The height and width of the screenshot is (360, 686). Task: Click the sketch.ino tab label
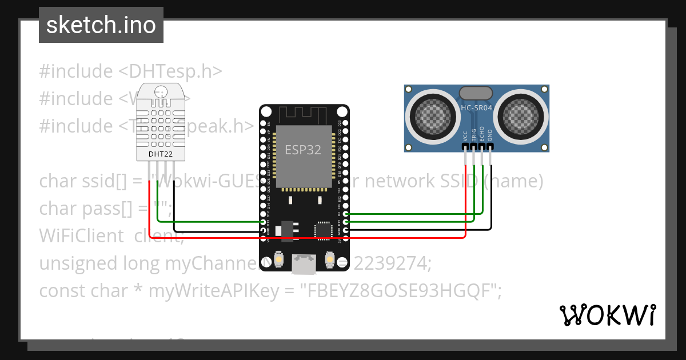point(101,26)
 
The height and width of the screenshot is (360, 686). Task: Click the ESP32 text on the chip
point(303,150)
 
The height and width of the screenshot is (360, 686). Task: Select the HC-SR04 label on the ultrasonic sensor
point(477,107)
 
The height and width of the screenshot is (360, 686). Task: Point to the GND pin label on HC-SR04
point(490,135)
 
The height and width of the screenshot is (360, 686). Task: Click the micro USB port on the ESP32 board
point(304,263)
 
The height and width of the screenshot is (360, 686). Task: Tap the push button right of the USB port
point(329,260)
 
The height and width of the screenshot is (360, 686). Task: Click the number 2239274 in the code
point(392,263)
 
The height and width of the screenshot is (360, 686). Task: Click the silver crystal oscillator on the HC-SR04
point(476,93)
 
